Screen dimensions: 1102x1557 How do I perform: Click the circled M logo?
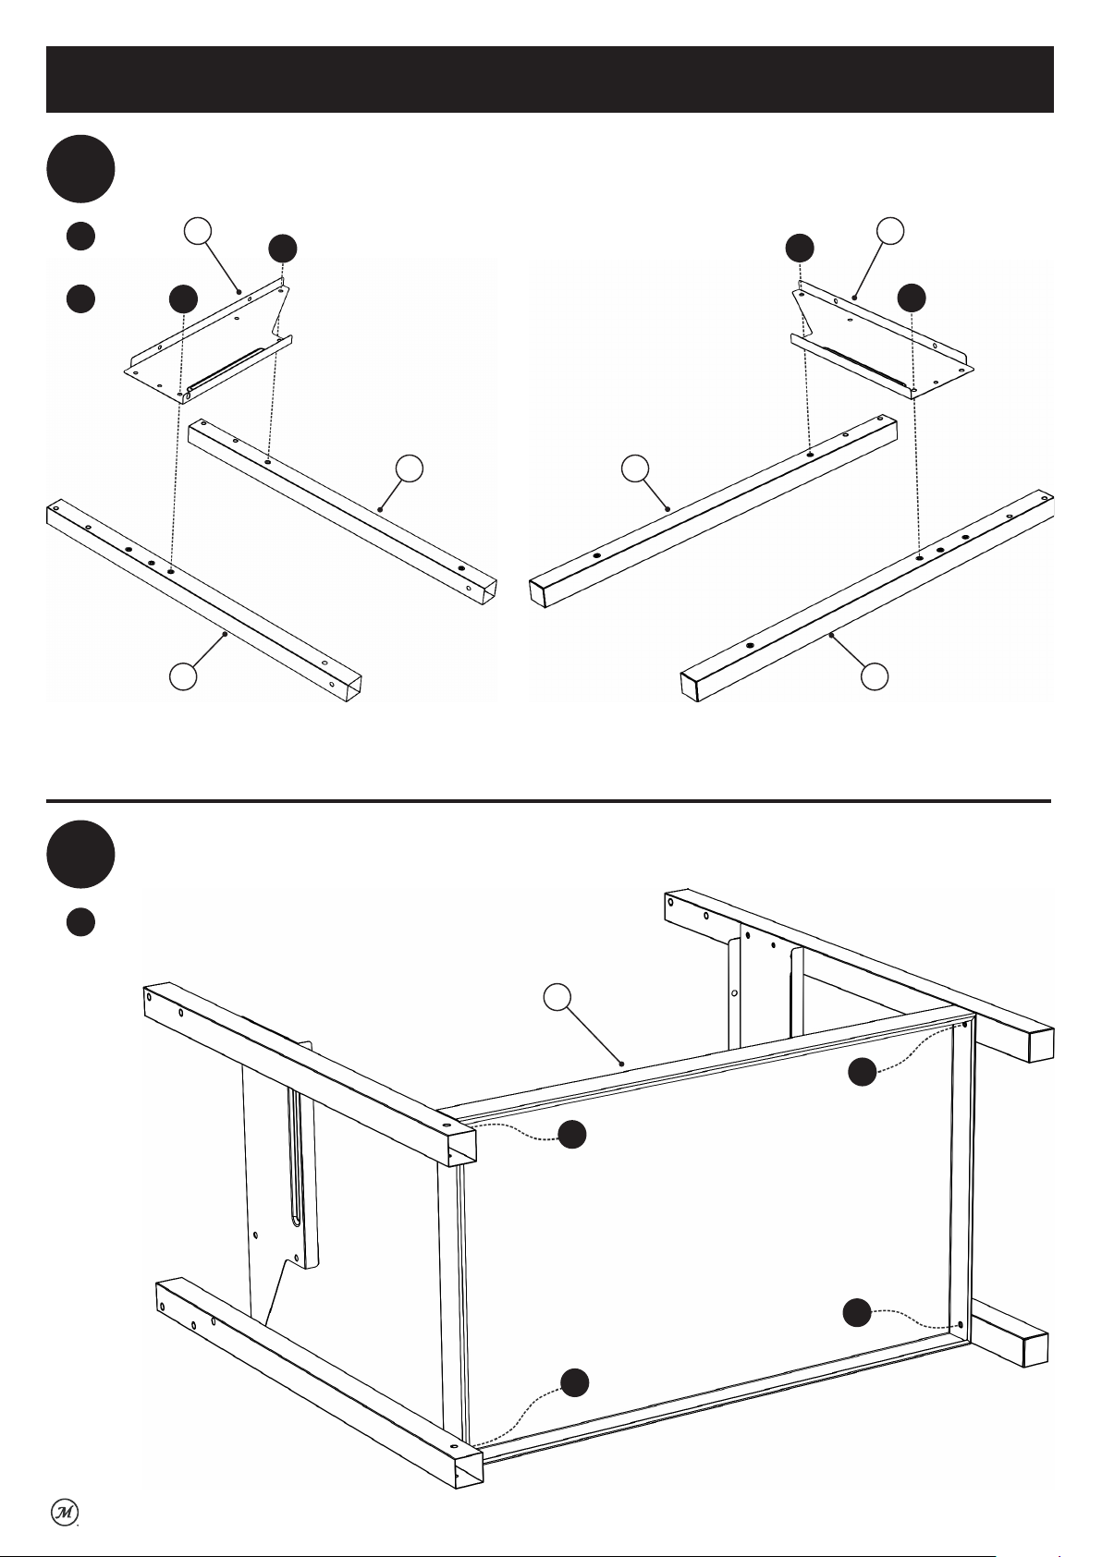click(x=65, y=1513)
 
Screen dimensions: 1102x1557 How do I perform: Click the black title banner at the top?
click(x=550, y=79)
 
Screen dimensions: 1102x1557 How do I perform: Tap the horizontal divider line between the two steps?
click(x=548, y=801)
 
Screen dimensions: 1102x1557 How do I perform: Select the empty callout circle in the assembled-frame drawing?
click(x=557, y=997)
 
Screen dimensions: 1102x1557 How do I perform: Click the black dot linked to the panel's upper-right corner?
click(x=863, y=1072)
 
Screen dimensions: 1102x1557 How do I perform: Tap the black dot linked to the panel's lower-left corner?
click(x=575, y=1382)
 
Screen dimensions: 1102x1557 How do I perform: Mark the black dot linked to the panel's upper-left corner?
click(x=572, y=1135)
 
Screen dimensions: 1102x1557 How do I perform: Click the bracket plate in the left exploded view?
click(x=209, y=342)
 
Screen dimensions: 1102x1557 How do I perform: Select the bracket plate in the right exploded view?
click(x=882, y=341)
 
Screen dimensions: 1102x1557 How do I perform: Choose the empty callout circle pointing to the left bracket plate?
click(x=198, y=231)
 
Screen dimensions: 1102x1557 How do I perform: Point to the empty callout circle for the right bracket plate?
click(x=890, y=231)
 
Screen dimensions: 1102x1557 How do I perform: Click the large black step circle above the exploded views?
click(x=80, y=169)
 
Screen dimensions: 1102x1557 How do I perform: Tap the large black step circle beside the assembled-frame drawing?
click(x=80, y=854)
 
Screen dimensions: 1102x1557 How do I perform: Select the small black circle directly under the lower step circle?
click(x=80, y=922)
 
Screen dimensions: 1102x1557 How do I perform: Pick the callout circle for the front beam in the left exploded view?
click(x=184, y=676)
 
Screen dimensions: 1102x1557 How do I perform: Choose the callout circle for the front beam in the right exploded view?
click(x=875, y=676)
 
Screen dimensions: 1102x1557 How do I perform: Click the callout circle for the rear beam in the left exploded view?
click(x=410, y=468)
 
